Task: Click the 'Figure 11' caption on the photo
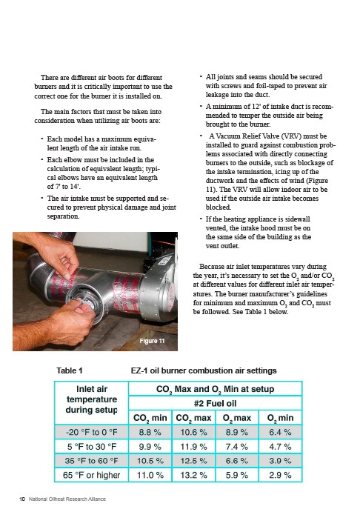[x=152, y=341]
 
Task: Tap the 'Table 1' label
[x=70, y=370]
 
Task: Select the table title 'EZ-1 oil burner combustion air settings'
[x=204, y=370]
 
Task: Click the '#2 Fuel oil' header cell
[x=215, y=403]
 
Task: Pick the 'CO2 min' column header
[x=150, y=418]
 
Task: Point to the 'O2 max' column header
[x=237, y=418]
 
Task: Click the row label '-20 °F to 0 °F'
[x=91, y=432]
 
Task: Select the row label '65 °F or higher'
[x=91, y=475]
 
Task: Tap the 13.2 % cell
[x=193, y=475]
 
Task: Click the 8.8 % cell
[x=150, y=432]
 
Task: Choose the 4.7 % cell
[x=280, y=447]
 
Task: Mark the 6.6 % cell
[x=237, y=461]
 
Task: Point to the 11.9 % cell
[x=193, y=447]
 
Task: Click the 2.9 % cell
[x=280, y=475]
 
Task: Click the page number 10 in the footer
[x=22, y=499]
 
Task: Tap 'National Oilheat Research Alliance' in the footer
[x=67, y=499]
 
